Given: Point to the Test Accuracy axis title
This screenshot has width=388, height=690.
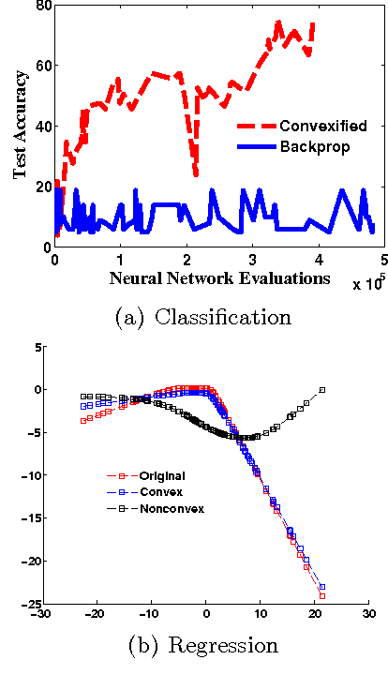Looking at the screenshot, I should [x=20, y=126].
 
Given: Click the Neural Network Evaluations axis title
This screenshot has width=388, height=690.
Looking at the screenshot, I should [x=220, y=278].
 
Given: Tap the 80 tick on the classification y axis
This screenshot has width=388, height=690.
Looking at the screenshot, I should [x=43, y=6].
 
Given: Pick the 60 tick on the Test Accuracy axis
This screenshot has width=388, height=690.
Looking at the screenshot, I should [x=43, y=66].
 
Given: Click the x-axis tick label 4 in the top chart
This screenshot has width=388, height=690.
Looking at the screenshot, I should [x=318, y=259].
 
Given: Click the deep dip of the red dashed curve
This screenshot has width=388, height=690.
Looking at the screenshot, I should [x=195, y=173].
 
